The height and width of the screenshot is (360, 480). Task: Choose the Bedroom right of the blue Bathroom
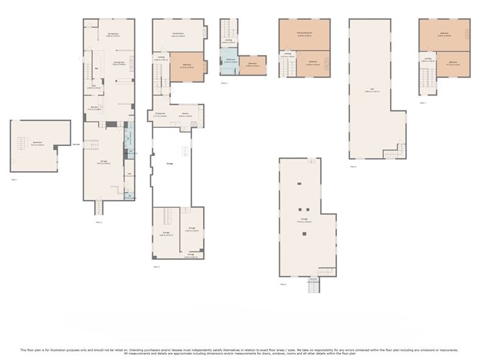[253, 65]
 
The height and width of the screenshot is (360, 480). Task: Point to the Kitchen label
[185, 114]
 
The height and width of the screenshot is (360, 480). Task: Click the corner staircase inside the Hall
[394, 152]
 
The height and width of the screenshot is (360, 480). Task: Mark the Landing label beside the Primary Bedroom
[287, 54]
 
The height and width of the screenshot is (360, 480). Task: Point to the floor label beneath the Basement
[14, 179]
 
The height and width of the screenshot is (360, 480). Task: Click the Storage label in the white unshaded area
[170, 163]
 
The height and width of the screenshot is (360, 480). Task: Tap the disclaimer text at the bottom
[240, 351]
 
